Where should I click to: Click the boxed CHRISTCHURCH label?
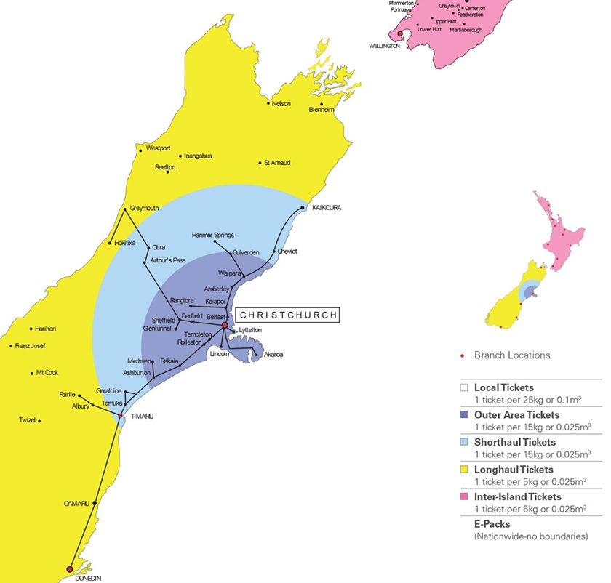pos(288,315)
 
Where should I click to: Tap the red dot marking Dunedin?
pos(70,569)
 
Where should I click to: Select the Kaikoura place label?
pos(326,207)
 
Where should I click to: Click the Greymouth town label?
pos(144,208)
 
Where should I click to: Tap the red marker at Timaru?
pos(121,416)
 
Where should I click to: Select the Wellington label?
pos(385,46)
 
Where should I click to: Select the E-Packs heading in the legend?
pos(492,523)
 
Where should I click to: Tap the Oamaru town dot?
pos(95,502)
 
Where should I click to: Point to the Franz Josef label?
pos(30,346)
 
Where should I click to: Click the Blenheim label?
pos(322,110)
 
